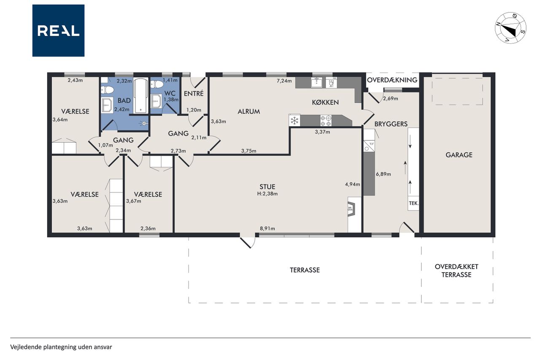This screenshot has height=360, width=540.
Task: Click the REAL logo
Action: (58, 31)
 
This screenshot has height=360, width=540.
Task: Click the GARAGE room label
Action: (459, 155)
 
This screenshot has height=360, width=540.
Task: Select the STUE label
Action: (267, 187)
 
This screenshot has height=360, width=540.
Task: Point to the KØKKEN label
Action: (325, 102)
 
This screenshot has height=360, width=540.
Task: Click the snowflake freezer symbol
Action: (294, 121)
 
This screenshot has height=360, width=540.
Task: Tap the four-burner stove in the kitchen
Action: (326, 121)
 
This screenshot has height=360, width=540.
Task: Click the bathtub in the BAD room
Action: (140, 95)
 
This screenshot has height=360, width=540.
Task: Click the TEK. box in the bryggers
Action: (413, 203)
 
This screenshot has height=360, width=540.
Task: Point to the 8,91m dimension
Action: (267, 228)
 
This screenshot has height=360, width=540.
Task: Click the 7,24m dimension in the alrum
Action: (284, 81)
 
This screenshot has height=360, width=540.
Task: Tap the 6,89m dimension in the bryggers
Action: (383, 174)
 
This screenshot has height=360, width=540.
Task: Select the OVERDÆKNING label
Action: (392, 80)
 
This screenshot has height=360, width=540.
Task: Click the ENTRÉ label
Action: (194, 93)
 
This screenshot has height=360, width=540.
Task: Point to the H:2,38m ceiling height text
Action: (267, 194)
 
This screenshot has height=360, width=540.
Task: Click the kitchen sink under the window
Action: (316, 82)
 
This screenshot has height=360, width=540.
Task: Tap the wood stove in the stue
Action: (351, 209)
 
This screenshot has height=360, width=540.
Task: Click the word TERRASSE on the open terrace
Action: (305, 270)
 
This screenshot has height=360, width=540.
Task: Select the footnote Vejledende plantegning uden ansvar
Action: (61, 347)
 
